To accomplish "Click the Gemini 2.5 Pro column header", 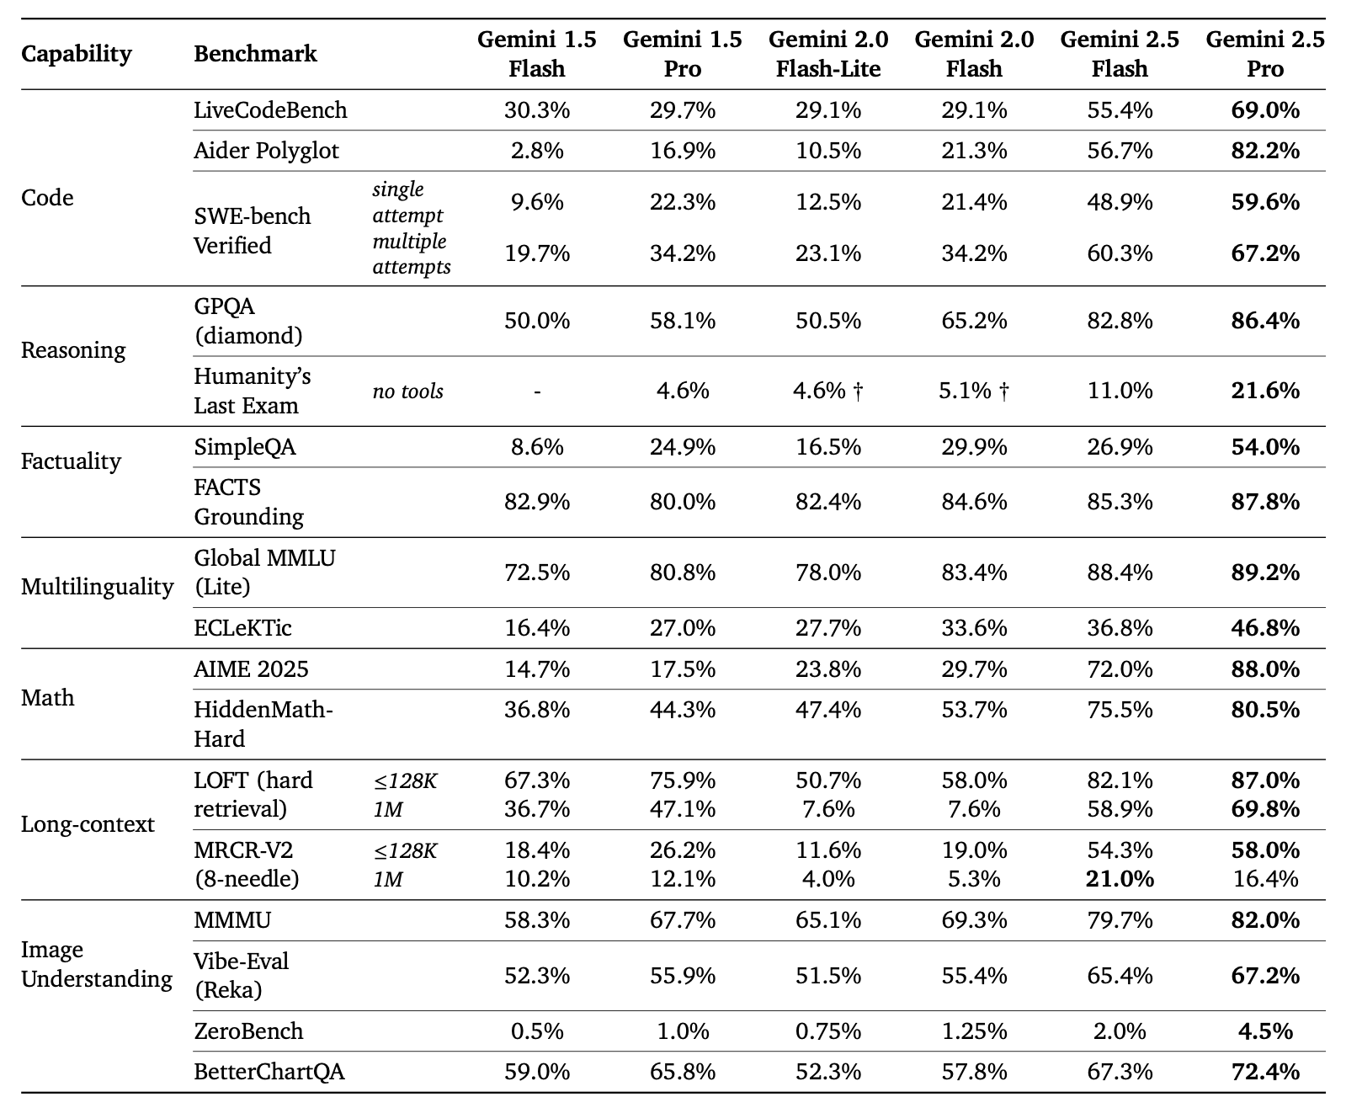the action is pos(1265,54).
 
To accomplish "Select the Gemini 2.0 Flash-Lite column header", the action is pos(828,54).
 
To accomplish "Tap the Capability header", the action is pos(76,54).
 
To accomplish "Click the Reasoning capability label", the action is pos(73,350).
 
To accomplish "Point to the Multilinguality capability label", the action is pos(97,586).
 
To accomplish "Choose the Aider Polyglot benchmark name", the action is pos(266,151).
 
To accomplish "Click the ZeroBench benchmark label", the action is pos(248,1031).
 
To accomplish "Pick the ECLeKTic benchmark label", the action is pos(242,628).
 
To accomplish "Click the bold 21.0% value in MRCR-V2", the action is pos(1120,879).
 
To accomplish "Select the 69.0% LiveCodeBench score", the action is pos(1265,110).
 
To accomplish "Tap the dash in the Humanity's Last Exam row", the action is pos(537,392).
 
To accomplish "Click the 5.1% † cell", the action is pos(974,391).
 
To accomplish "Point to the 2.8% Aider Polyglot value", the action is pos(537,151).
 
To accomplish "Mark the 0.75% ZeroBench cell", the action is pos(828,1031).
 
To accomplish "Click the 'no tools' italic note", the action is pos(408,392).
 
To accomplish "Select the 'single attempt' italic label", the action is pos(407,202).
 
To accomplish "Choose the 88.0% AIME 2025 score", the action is pos(1265,669).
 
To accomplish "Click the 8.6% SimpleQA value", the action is pos(537,447).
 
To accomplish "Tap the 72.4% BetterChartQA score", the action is pos(1265,1072).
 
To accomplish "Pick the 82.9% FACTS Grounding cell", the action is pos(537,502).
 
